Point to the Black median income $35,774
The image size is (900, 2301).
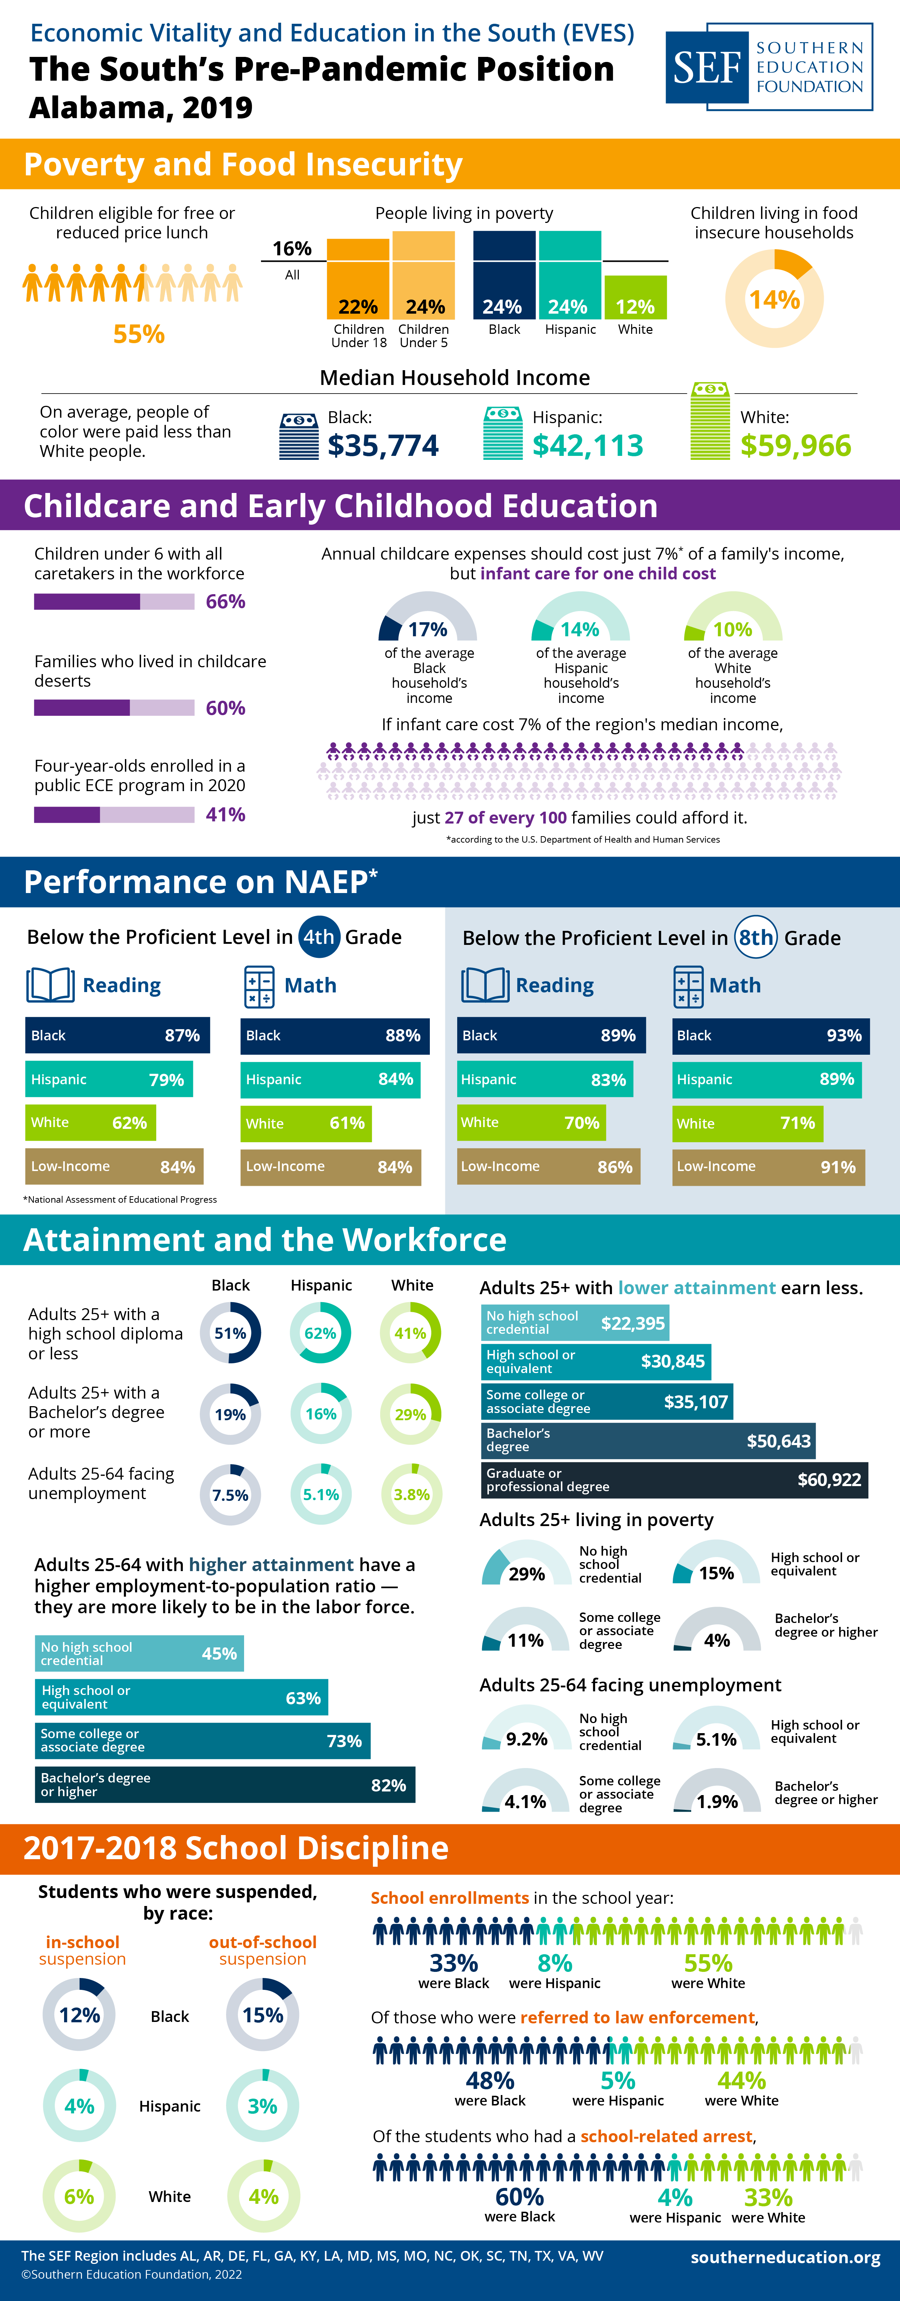tap(383, 445)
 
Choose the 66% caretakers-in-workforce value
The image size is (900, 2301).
tap(225, 601)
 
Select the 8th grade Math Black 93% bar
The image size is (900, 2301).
tap(770, 1035)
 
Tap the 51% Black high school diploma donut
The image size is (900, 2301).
tap(230, 1333)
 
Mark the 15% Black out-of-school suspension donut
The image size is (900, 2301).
tap(262, 2015)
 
